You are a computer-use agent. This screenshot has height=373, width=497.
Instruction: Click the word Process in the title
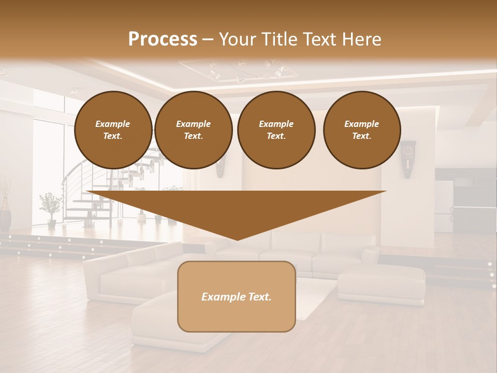163,39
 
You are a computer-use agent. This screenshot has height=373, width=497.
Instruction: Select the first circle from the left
113,130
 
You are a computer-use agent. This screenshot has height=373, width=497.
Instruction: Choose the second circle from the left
193,130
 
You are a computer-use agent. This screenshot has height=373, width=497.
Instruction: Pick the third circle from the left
276,130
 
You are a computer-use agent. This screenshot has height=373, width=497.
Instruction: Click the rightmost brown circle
361,130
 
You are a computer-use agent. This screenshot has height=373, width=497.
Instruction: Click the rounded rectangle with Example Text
237,296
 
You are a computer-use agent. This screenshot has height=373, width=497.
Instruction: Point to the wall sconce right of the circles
408,159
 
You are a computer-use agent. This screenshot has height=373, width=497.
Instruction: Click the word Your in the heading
238,39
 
